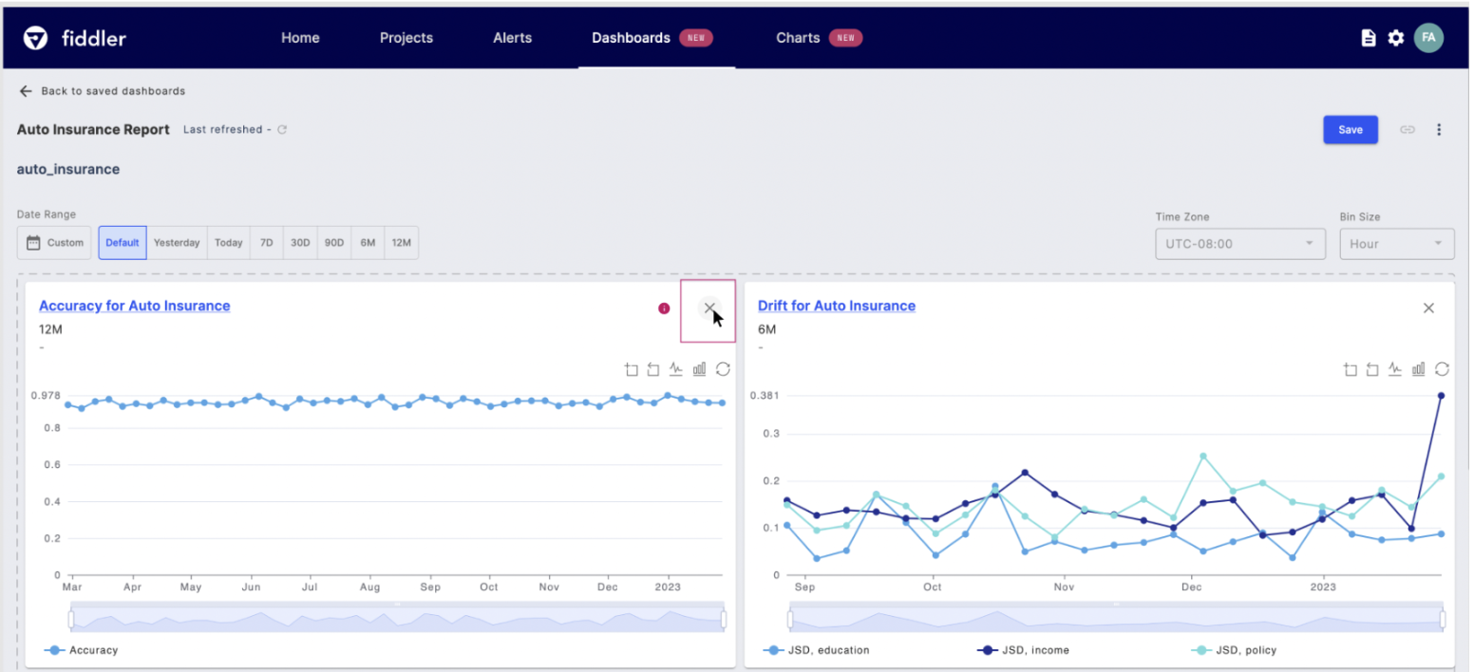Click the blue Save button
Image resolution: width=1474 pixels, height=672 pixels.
point(1350,130)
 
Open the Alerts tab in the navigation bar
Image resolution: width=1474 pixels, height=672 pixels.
point(512,38)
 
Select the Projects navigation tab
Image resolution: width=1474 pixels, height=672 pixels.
point(406,38)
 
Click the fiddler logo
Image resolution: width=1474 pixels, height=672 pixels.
point(75,38)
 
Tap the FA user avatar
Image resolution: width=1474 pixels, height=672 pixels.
point(1427,38)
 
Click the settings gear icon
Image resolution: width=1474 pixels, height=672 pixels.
point(1395,38)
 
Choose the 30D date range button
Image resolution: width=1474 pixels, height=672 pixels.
point(300,243)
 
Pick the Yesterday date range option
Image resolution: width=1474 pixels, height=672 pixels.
point(177,243)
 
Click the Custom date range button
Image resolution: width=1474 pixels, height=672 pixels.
point(55,243)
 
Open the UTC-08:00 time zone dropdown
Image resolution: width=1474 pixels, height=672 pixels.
point(1239,244)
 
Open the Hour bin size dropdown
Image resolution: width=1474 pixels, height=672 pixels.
point(1396,244)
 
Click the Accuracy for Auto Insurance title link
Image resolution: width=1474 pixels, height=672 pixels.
point(134,306)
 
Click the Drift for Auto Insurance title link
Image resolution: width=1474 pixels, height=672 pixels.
point(836,306)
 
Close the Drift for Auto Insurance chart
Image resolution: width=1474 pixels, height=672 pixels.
point(1428,308)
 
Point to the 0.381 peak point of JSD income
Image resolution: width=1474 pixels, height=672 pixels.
point(1441,396)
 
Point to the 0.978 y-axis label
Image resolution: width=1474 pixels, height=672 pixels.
point(46,395)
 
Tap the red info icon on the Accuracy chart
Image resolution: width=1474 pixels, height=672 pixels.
point(664,308)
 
